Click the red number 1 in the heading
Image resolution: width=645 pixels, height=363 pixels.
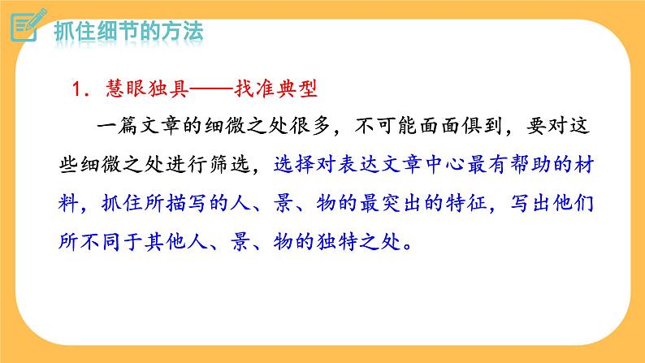click(70, 88)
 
